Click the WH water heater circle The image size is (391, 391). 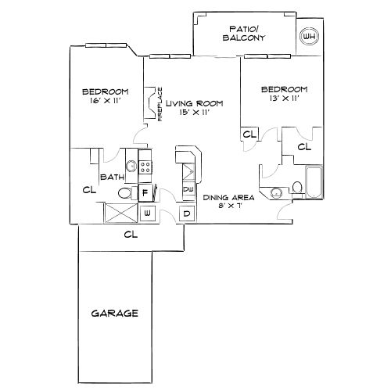point(309,36)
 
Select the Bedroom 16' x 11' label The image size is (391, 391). point(106,95)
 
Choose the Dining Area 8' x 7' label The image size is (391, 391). point(228,203)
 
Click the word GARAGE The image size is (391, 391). point(114,313)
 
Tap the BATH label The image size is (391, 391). point(113,178)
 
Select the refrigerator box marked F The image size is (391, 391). point(145,192)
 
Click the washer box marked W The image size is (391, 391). point(147,213)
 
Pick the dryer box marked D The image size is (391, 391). point(187,213)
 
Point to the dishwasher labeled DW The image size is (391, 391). point(188,190)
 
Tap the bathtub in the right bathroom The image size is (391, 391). point(314,185)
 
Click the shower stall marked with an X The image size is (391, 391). point(121,213)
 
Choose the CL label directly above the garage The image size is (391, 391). point(131,234)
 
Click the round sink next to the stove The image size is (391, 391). point(131,166)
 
